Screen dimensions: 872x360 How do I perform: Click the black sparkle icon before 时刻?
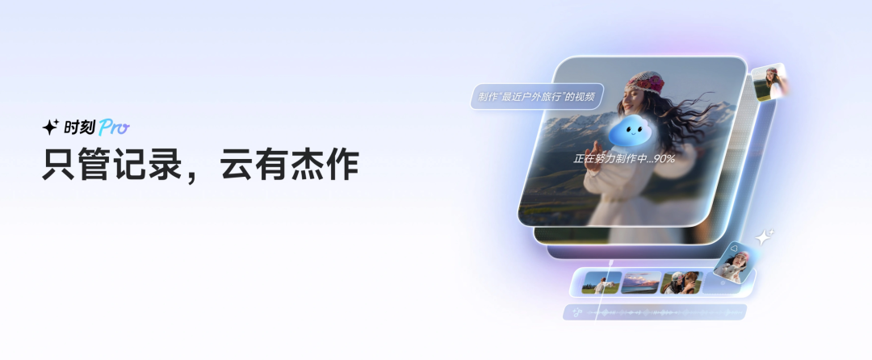(x=51, y=128)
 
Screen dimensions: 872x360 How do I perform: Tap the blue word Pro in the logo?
(x=114, y=128)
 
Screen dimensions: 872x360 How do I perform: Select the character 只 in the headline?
(x=59, y=163)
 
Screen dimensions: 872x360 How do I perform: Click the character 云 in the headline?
(x=237, y=163)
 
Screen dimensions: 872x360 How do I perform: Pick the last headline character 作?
(x=342, y=163)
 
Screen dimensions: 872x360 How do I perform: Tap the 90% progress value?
(x=664, y=159)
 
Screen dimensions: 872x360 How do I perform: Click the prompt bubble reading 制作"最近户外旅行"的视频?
(x=537, y=96)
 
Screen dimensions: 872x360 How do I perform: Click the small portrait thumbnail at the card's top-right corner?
(x=770, y=82)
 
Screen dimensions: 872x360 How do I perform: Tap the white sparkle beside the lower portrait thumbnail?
(x=764, y=237)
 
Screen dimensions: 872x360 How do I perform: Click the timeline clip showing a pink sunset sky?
(x=640, y=283)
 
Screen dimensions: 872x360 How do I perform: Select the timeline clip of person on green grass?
(x=601, y=283)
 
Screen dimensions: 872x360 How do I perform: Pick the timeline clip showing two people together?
(x=681, y=283)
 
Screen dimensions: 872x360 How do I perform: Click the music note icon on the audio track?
(x=576, y=312)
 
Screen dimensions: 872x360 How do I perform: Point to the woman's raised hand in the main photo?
(x=596, y=152)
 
